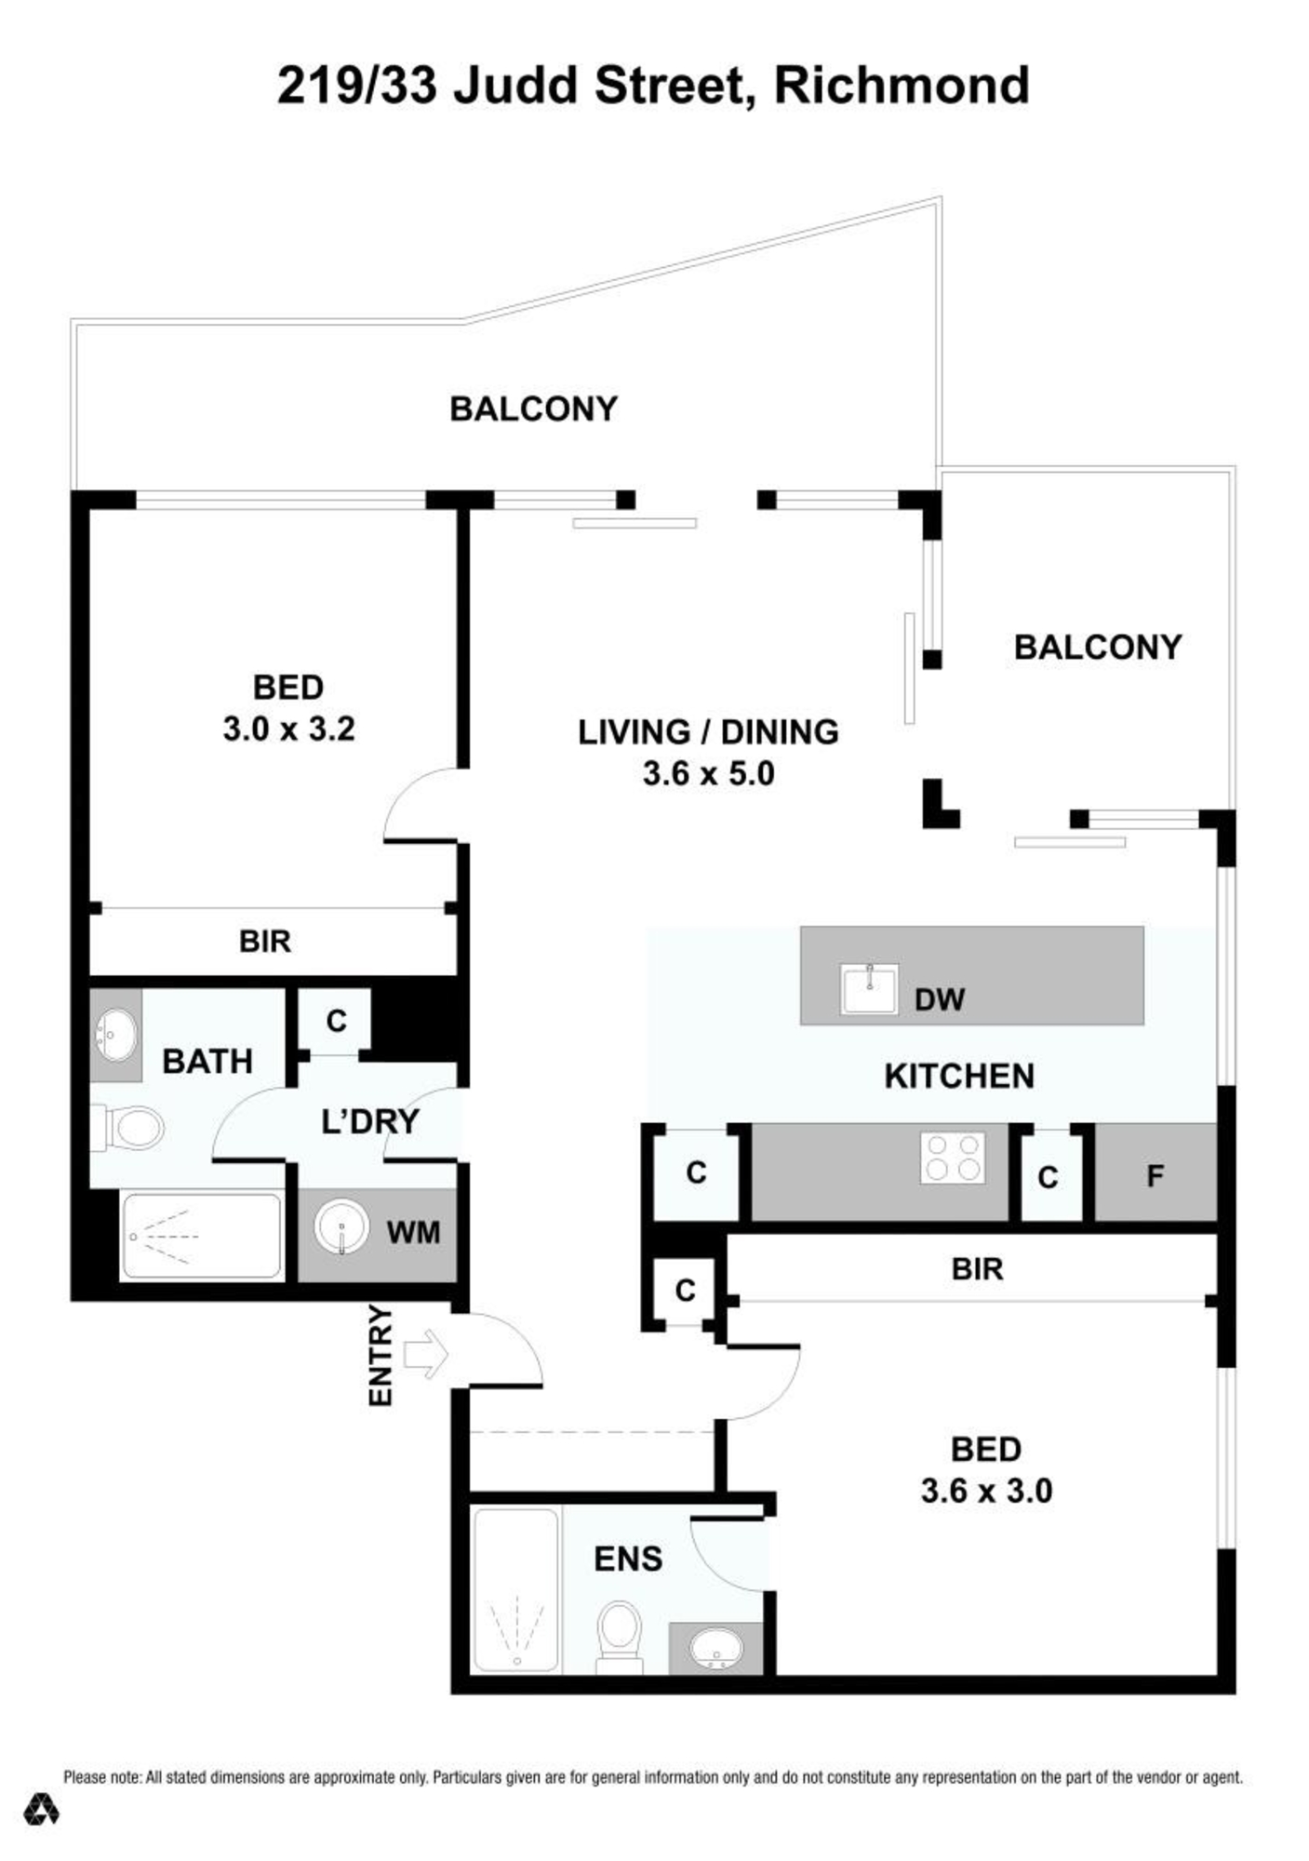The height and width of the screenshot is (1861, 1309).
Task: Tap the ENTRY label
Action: (381, 1356)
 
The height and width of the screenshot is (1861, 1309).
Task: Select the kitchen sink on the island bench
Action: (869, 988)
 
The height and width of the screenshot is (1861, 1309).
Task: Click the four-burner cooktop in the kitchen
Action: (953, 1158)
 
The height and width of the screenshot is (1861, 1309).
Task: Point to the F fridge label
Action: (1155, 1176)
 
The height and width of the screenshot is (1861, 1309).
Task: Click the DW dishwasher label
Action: (940, 999)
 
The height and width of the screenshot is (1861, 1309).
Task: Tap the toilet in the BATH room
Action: (127, 1128)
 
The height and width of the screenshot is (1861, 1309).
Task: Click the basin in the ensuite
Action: (715, 1651)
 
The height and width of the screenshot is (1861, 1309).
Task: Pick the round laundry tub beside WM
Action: (341, 1227)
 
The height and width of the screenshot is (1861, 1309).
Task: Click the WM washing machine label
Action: (413, 1232)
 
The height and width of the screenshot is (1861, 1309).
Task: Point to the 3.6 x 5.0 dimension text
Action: (709, 773)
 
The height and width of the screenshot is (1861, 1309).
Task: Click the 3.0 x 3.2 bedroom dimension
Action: (288, 728)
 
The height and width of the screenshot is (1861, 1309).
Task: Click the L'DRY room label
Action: (370, 1121)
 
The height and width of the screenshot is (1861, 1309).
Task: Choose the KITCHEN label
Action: (959, 1076)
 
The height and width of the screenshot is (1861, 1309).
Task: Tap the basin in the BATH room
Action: (116, 1035)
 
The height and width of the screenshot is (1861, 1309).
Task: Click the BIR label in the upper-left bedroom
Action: (265, 941)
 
